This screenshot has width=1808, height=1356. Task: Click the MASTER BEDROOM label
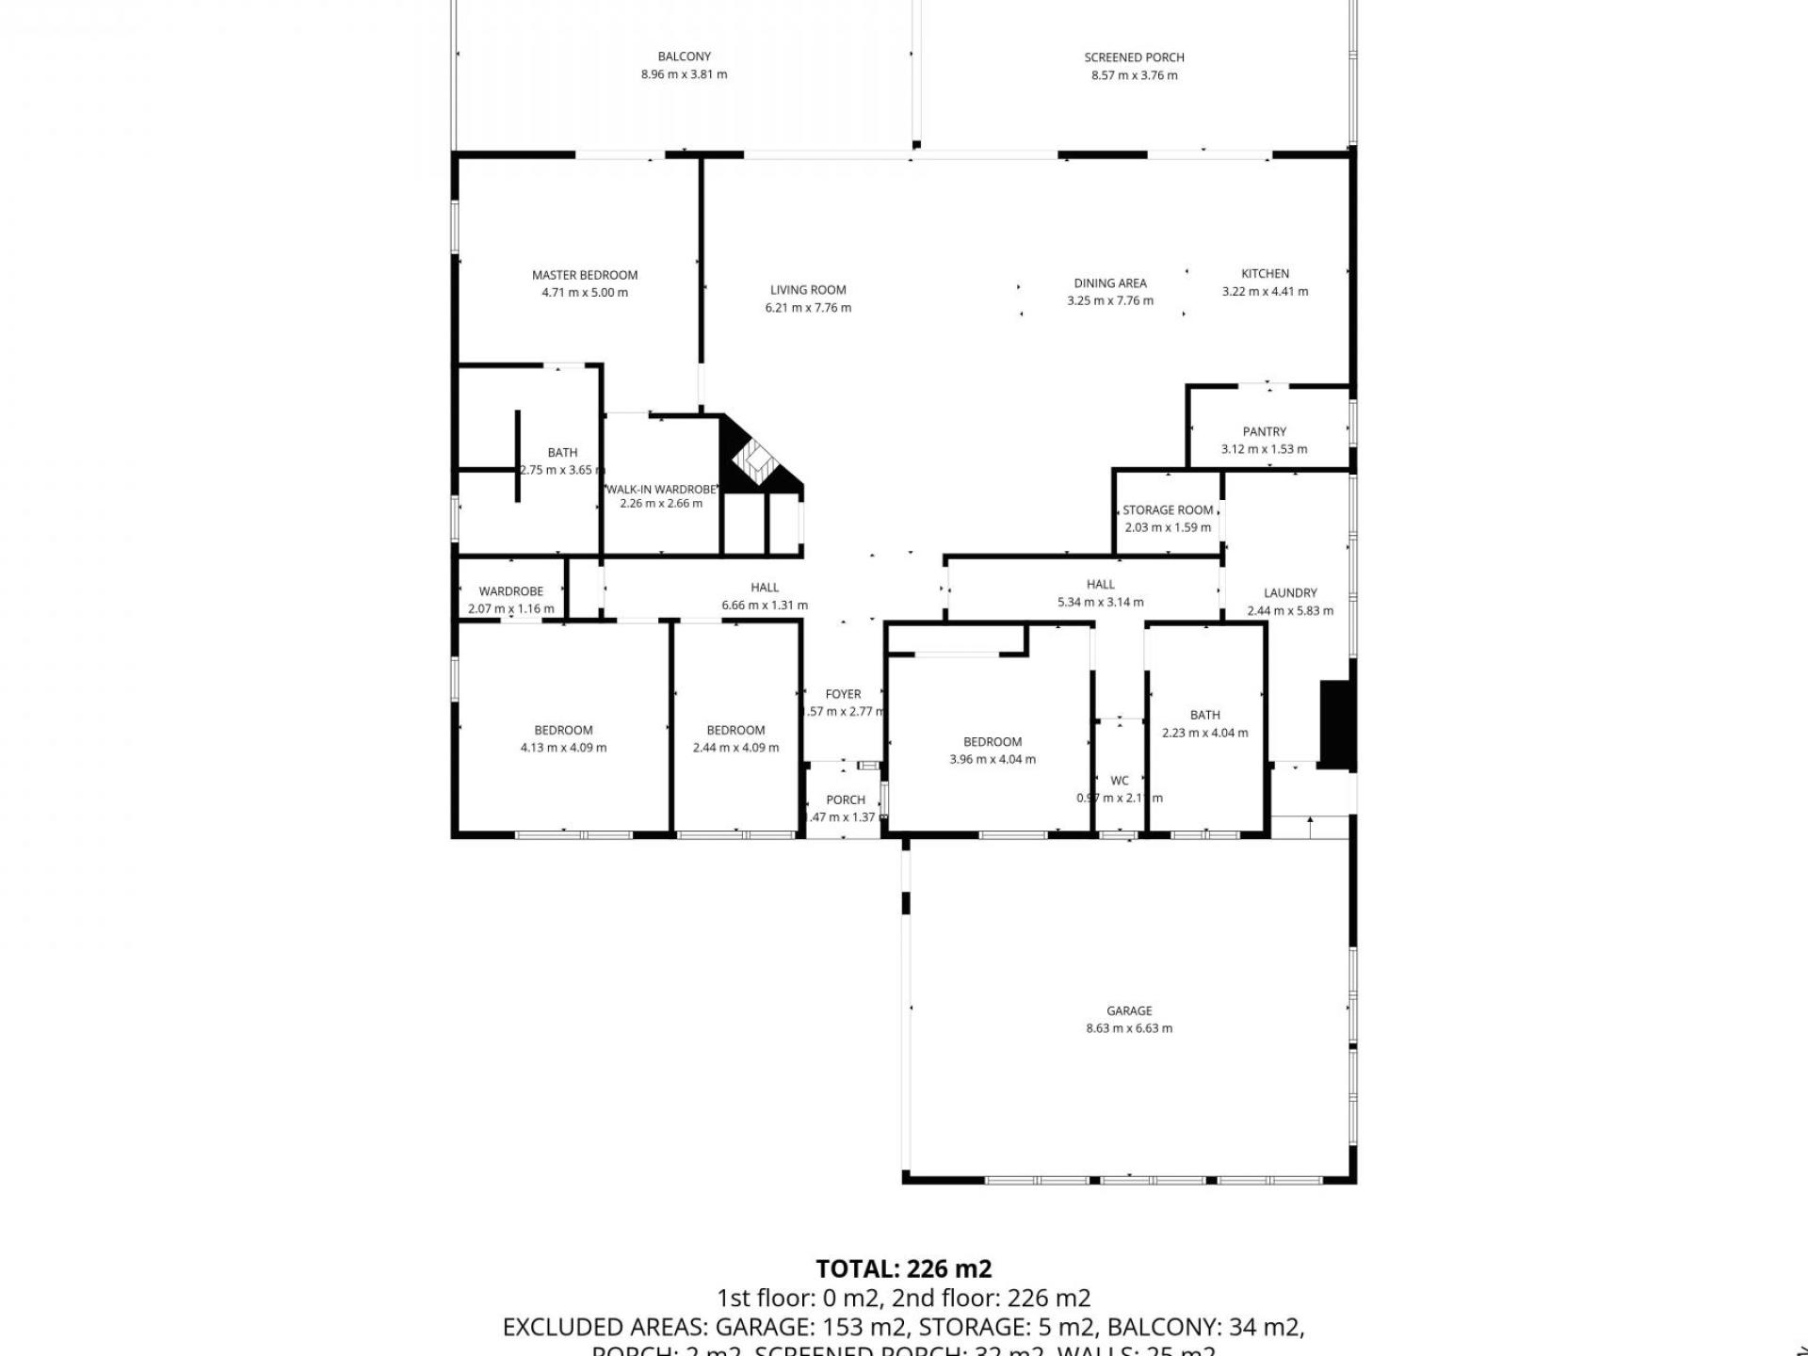pos(584,275)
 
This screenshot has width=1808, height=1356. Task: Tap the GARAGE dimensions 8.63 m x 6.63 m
pos(1128,1028)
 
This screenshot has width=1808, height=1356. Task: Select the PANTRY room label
pos(1264,431)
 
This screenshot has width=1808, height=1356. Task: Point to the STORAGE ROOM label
pos(1168,510)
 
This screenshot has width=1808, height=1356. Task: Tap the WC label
pos(1119,781)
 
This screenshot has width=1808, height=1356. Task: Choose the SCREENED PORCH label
pos(1134,57)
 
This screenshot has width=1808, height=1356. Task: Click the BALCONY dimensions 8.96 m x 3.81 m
pos(684,74)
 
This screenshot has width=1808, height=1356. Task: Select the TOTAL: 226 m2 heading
pos(903,1268)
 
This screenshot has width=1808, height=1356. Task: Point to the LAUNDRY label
pos(1290,592)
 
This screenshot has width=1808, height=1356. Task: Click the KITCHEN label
pos(1265,274)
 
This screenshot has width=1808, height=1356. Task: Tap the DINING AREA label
pos(1109,283)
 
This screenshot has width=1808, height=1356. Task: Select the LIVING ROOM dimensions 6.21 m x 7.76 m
pos(808,308)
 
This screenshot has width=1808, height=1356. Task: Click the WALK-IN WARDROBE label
pos(661,490)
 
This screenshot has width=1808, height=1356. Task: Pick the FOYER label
pos(843,694)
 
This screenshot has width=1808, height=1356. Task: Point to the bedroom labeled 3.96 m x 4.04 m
pos(992,751)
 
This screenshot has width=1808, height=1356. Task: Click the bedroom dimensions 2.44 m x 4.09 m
pos(735,748)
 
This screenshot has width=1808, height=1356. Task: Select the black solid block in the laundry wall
pos(1335,723)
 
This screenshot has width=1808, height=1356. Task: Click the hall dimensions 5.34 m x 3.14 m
pos(1100,602)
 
